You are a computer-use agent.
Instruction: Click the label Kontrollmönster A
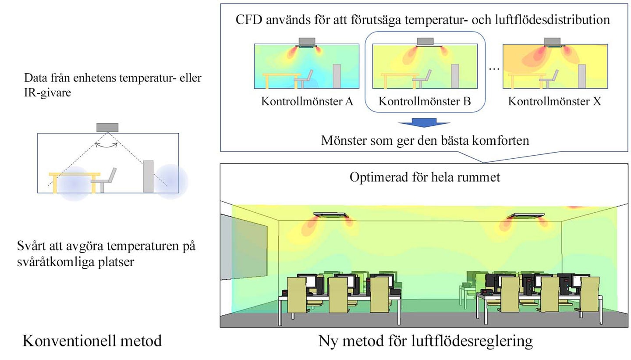tap(307, 101)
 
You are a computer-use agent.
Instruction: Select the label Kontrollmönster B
tap(425, 101)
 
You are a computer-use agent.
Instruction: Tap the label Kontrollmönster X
tap(555, 101)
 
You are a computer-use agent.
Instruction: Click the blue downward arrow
tap(424, 123)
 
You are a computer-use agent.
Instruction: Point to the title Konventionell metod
tap(92, 341)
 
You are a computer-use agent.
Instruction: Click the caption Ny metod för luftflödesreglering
tap(425, 341)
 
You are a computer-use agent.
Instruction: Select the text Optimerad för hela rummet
tap(425, 177)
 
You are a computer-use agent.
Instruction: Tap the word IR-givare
tap(47, 93)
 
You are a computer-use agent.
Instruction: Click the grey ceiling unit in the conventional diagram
tap(107, 128)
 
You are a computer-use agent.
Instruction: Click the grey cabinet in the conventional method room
tap(148, 176)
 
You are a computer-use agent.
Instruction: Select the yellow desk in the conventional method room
tap(74, 183)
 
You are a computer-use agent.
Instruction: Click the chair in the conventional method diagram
tap(104, 180)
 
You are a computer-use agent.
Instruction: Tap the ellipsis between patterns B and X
tap(494, 69)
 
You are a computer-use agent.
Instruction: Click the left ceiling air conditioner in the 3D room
tap(331, 215)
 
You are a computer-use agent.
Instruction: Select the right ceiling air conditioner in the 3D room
tap(525, 216)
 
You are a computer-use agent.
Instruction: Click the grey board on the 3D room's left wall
tap(243, 247)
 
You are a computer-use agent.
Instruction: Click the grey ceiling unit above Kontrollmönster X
tap(552, 41)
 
